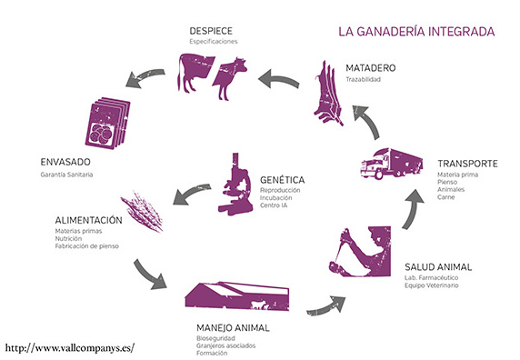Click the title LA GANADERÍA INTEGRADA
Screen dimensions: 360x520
point(415,30)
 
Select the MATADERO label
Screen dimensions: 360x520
point(372,68)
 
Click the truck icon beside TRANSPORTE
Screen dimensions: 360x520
point(392,165)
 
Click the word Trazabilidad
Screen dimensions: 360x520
point(365,80)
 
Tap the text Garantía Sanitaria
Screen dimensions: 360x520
point(67,174)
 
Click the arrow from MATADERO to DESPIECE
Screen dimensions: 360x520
point(278,80)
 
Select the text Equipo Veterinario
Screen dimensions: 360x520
point(432,286)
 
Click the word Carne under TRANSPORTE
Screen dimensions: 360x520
point(445,197)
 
